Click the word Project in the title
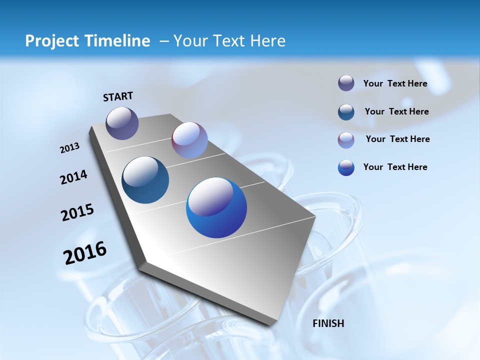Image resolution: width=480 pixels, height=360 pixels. [x=48, y=41]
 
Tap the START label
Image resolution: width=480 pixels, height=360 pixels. [x=118, y=96]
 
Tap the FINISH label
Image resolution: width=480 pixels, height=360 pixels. [x=328, y=323]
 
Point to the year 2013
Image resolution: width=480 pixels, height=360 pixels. [x=69, y=148]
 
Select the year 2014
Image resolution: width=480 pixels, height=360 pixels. [x=73, y=177]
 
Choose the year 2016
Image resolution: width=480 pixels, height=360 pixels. [x=85, y=253]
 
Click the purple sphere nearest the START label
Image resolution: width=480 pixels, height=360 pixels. [x=122, y=123]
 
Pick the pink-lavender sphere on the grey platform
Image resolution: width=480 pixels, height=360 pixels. [x=189, y=140]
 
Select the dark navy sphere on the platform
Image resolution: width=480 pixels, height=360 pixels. [x=145, y=180]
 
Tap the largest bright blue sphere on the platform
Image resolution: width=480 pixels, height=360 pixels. [x=216, y=207]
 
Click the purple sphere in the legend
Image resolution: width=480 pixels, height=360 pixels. [x=346, y=83]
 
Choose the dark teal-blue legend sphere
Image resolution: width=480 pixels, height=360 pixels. [x=346, y=112]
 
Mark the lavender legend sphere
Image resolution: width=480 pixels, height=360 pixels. [x=346, y=140]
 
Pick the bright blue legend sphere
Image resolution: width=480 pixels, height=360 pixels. [x=346, y=167]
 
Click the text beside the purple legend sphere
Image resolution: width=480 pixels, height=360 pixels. [x=395, y=83]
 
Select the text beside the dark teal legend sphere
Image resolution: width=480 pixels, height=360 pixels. [x=396, y=111]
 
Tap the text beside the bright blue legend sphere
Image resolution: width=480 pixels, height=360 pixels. [x=395, y=167]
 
